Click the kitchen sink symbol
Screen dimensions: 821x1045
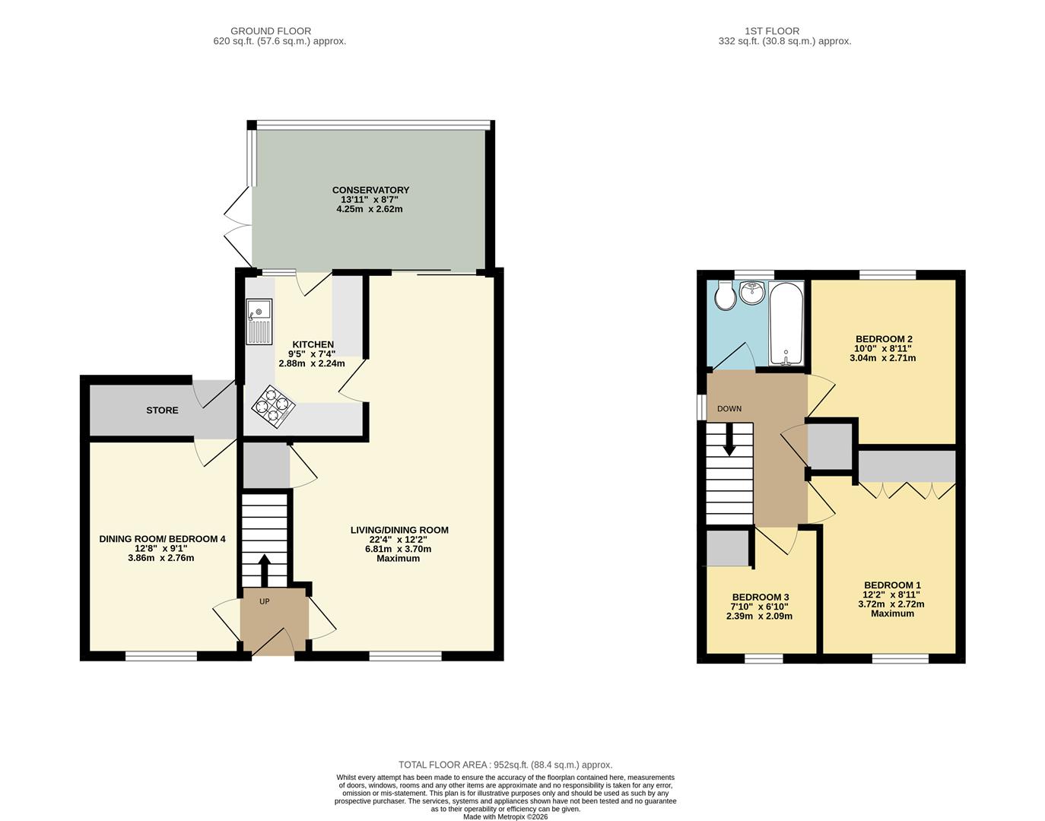pyautogui.click(x=259, y=322)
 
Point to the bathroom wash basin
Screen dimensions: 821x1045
pyautogui.click(x=753, y=292)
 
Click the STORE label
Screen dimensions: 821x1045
pyautogui.click(x=162, y=410)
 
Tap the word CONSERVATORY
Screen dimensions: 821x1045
pyautogui.click(x=370, y=190)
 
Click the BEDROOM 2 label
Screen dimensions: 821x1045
pyautogui.click(x=883, y=339)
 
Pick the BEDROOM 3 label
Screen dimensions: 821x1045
pyautogui.click(x=760, y=598)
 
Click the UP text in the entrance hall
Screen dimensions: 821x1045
pyautogui.click(x=265, y=601)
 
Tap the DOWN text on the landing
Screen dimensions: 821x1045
pyautogui.click(x=729, y=409)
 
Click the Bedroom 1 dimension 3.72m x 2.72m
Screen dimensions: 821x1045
pyautogui.click(x=892, y=604)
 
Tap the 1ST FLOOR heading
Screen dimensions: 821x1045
pyautogui.click(x=772, y=31)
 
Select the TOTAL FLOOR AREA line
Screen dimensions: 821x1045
pyautogui.click(x=505, y=765)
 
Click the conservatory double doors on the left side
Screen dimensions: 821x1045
pyautogui.click(x=237, y=224)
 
